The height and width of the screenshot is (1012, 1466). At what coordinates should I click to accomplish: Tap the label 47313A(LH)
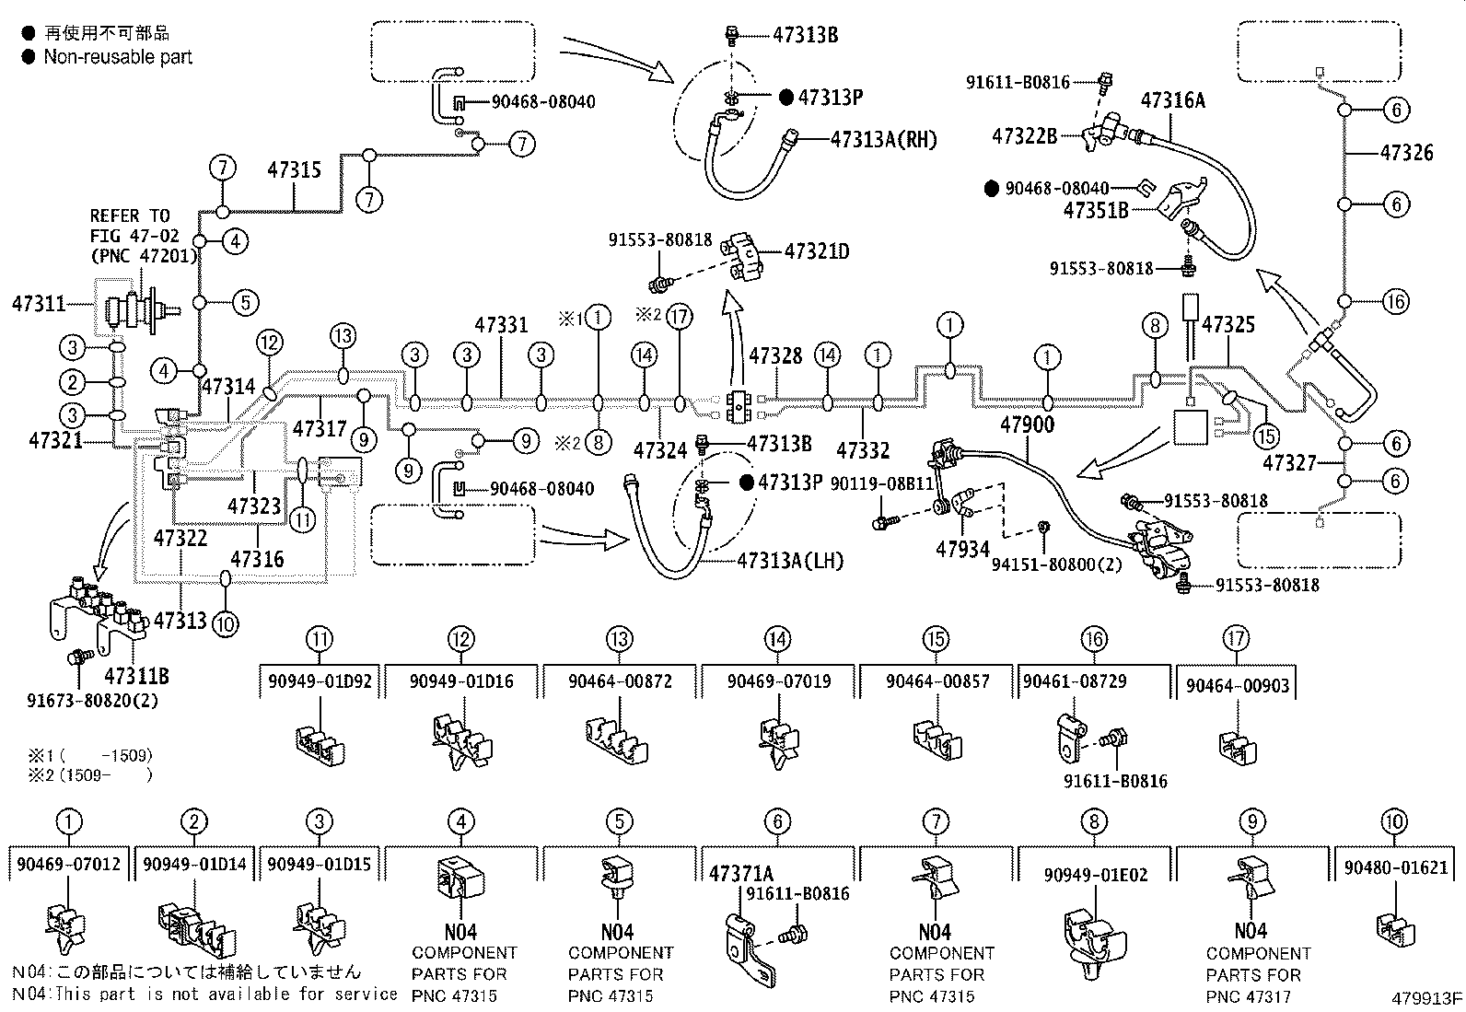point(789,560)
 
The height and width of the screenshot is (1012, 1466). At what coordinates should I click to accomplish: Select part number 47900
point(1027,425)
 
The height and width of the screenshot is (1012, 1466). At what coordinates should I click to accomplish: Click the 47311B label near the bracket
point(136,676)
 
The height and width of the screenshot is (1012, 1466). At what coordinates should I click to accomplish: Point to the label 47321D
point(816,250)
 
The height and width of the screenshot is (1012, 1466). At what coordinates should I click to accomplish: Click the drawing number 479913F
point(1426,998)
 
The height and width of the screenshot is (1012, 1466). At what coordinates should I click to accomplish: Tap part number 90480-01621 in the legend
point(1395,867)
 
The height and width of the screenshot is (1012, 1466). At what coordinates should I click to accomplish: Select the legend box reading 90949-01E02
point(1095,874)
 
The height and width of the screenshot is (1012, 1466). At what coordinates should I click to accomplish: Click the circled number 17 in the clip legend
point(1237,638)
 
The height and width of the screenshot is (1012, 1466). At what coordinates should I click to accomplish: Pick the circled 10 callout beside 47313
point(225,623)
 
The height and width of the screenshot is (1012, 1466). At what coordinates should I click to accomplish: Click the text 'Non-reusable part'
point(118,57)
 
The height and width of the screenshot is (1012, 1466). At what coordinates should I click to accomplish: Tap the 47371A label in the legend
point(741,873)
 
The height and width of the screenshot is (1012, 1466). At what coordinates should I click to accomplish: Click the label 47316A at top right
point(1172,100)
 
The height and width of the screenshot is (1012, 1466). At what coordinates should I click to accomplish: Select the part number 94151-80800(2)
point(1056,564)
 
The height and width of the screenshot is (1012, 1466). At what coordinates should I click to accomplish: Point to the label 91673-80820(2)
point(92,699)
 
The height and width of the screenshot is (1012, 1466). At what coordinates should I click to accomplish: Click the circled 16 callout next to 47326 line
point(1396,301)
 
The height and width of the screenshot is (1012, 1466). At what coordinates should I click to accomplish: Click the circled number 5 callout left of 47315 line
point(244,302)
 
